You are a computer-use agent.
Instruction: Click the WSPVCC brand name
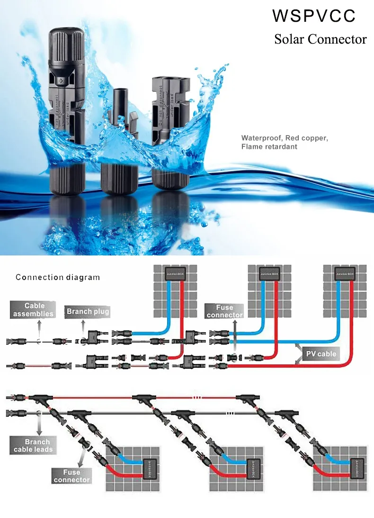[314, 16]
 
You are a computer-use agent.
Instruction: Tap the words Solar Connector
[321, 39]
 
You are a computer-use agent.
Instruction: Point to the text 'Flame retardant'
[269, 147]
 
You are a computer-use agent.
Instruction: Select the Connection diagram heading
[58, 277]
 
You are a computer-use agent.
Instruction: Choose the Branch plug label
[88, 311]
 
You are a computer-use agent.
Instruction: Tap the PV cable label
[321, 354]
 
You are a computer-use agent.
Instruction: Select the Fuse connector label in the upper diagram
[225, 311]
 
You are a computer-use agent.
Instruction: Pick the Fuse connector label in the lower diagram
[71, 476]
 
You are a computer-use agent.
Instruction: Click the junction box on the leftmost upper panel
[174, 274]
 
